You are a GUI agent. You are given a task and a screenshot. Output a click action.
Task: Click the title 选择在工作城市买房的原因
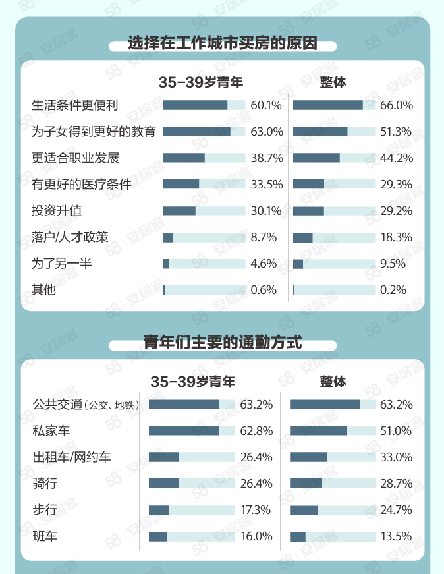(x=223, y=44)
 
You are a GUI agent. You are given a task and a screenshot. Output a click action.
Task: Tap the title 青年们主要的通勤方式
(x=223, y=343)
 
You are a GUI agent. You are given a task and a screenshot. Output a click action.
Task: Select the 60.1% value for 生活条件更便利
(x=266, y=105)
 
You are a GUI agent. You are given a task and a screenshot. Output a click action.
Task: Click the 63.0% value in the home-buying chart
(x=266, y=132)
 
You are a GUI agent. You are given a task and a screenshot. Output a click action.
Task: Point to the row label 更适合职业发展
(x=75, y=158)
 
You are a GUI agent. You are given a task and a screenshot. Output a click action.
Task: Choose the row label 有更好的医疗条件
(x=82, y=185)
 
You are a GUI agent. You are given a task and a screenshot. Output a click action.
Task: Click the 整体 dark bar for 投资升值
(x=308, y=211)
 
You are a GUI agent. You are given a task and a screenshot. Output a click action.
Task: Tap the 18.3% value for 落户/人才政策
(x=396, y=237)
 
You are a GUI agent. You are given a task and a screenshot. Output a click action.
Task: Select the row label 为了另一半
(x=61, y=264)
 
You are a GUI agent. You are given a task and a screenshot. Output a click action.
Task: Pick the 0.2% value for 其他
(x=393, y=290)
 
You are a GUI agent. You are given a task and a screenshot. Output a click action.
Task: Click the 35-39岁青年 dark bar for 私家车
(x=183, y=431)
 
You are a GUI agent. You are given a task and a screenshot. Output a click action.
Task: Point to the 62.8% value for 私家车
(x=256, y=431)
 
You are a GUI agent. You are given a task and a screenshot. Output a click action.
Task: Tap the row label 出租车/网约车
(x=72, y=457)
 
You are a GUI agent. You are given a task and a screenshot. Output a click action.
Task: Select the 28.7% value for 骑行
(x=396, y=484)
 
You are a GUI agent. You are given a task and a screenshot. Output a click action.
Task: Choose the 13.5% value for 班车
(x=396, y=536)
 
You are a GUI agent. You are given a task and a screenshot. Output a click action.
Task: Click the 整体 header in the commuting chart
(x=333, y=382)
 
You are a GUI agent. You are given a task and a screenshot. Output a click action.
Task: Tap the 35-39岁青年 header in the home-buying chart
(x=201, y=82)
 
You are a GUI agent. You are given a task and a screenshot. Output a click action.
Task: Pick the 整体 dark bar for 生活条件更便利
(x=327, y=105)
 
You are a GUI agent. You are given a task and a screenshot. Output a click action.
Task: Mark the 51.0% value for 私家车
(x=396, y=431)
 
